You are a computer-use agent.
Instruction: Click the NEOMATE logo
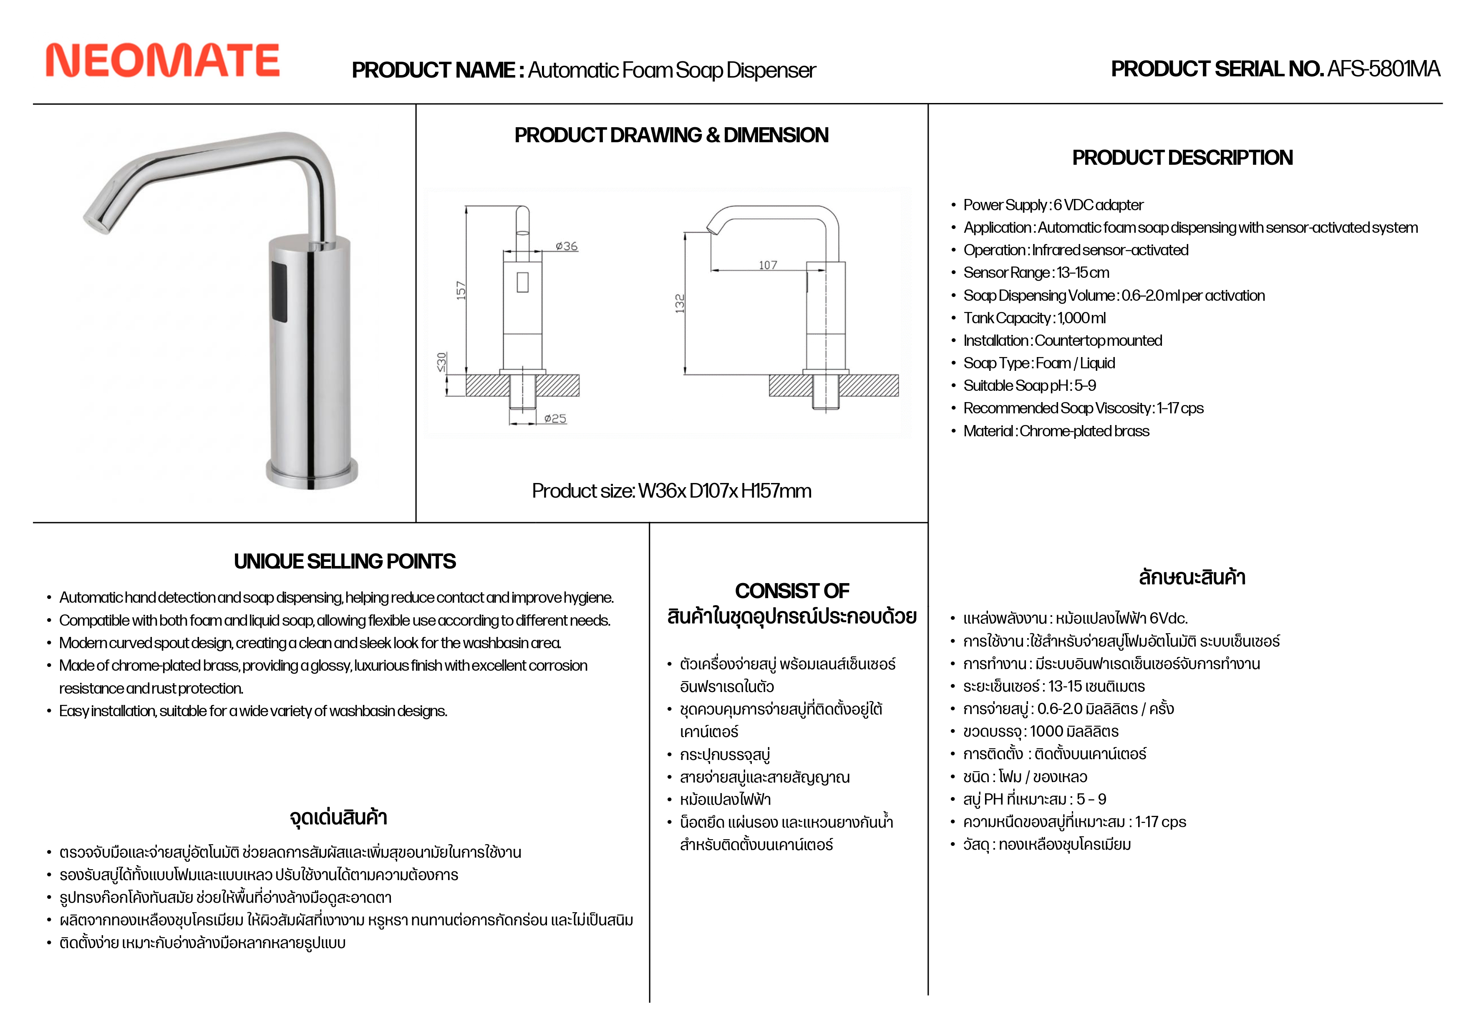163,60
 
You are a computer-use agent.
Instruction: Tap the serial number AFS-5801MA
1383,69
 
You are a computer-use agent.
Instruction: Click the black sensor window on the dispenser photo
279,291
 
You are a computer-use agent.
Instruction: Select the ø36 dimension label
566,246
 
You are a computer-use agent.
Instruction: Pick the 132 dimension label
680,303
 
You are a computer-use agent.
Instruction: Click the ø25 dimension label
555,419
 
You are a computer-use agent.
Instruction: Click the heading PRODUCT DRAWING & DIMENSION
671,135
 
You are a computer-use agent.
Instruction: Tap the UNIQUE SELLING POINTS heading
344,561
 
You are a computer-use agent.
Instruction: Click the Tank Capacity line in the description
1034,318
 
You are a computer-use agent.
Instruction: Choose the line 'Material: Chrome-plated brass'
1056,431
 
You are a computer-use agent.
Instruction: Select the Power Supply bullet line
1053,205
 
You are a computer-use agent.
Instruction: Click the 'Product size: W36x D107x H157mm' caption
671,491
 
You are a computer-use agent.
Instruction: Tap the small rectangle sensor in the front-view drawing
522,282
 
